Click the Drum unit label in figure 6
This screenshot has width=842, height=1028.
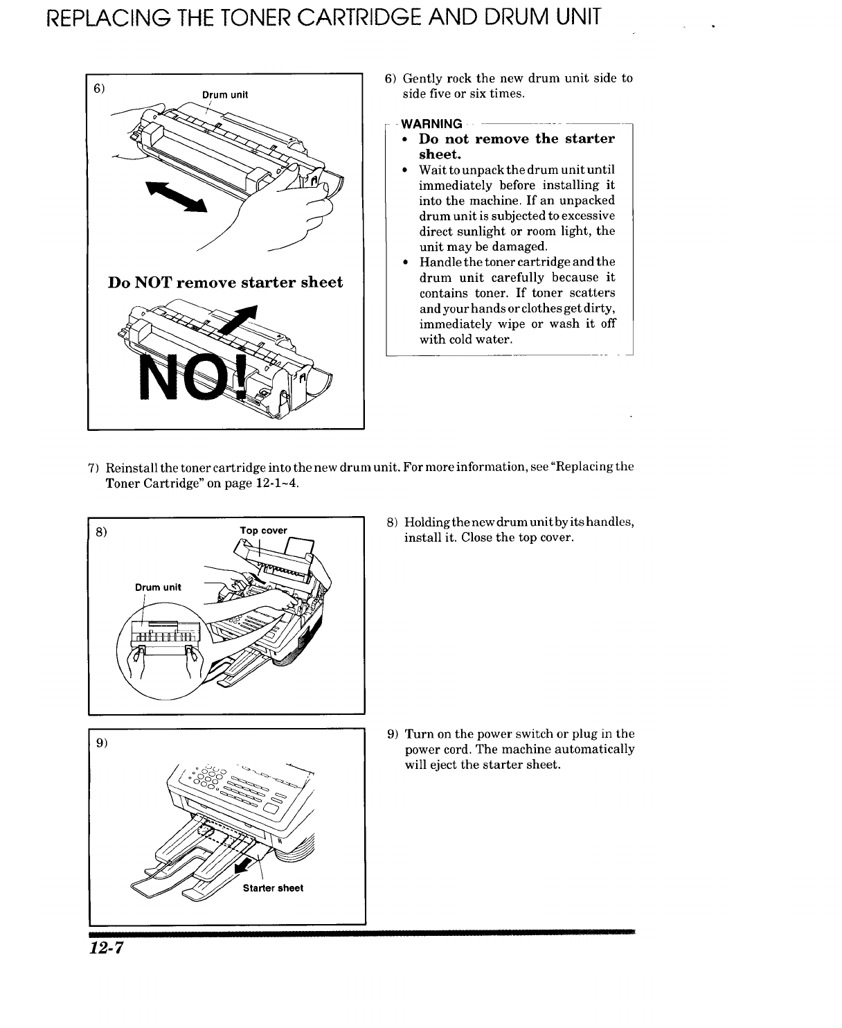(x=224, y=94)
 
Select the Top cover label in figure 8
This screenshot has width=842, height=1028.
(x=263, y=531)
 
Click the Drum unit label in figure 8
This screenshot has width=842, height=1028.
(x=158, y=587)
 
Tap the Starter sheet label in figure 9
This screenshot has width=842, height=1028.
(x=273, y=888)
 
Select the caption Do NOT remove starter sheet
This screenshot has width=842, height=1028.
(x=225, y=283)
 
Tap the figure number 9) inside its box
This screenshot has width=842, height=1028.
(x=101, y=743)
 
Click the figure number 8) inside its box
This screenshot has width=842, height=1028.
(x=101, y=533)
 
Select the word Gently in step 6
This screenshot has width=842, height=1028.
(x=423, y=78)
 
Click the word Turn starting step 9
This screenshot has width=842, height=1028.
(x=419, y=734)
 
